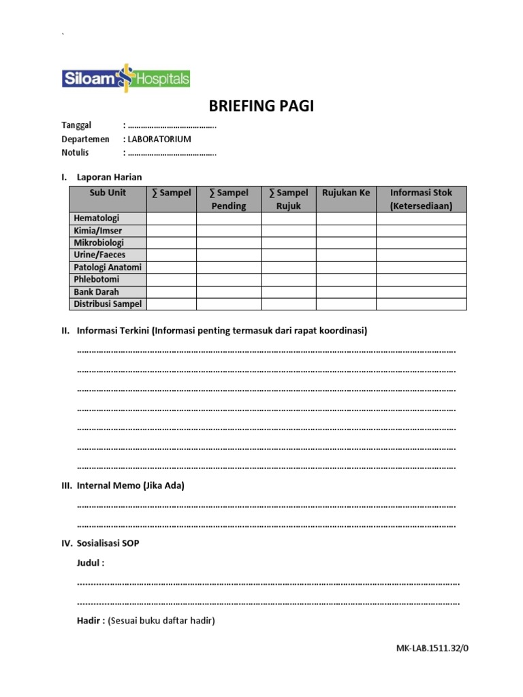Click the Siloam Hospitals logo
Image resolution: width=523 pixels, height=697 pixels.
(126, 78)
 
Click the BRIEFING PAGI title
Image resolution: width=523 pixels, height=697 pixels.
(261, 106)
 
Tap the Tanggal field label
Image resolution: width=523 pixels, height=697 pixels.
(76, 125)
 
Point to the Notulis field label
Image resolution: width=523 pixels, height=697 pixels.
(75, 152)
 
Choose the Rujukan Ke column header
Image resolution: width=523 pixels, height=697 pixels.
(346, 193)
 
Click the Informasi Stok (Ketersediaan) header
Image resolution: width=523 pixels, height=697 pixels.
(421, 199)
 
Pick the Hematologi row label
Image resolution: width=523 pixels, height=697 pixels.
(97, 218)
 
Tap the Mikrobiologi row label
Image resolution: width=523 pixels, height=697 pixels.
(99, 243)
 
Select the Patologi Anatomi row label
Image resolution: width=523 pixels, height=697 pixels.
(108, 268)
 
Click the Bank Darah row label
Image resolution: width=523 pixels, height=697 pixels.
(96, 292)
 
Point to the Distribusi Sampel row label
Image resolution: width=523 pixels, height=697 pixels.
(108, 304)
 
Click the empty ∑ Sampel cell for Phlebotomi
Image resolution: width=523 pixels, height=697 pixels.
(172, 280)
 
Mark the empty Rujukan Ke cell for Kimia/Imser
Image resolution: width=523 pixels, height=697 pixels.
(346, 231)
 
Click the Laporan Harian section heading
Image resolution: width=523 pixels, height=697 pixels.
(110, 177)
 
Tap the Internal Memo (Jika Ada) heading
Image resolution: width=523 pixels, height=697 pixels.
(131, 485)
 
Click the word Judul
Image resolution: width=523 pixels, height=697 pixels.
(89, 563)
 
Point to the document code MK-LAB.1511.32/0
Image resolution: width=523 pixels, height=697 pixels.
(432, 648)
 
